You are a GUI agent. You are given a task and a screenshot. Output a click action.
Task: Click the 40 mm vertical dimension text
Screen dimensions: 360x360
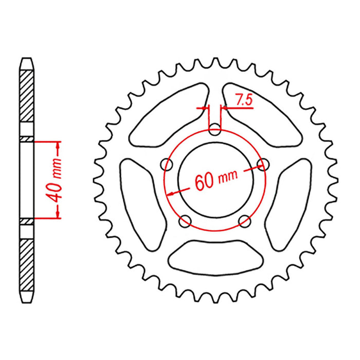pos(57,180)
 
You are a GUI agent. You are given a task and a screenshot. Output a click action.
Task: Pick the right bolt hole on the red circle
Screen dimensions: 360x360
pos(264,165)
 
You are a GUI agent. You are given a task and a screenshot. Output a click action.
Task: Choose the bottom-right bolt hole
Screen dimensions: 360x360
pos(245,221)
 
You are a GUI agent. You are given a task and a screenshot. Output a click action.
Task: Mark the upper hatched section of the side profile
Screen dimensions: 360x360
pos(28,98)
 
